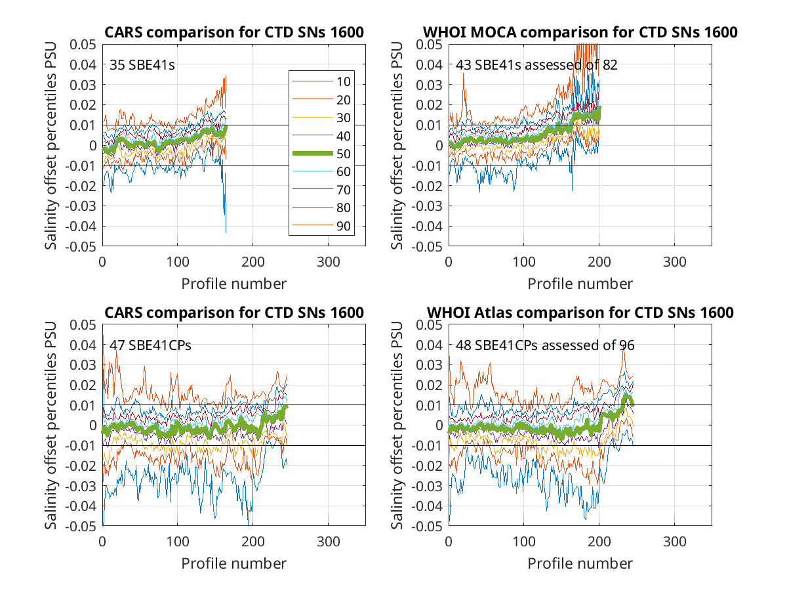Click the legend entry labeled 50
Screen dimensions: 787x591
pyautogui.click(x=321, y=154)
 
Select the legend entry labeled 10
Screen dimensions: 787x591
pyautogui.click(x=321, y=81)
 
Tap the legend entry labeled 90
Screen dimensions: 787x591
pyautogui.click(x=321, y=226)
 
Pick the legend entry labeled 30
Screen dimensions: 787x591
pyautogui.click(x=321, y=118)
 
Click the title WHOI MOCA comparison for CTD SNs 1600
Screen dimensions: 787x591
pyautogui.click(x=580, y=32)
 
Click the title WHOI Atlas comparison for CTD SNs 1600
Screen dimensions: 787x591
pyautogui.click(x=580, y=312)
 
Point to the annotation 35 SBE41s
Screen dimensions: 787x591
pyautogui.click(x=142, y=65)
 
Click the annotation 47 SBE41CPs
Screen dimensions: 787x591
pyautogui.click(x=150, y=345)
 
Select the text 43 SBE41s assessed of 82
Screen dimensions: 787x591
pyautogui.click(x=536, y=65)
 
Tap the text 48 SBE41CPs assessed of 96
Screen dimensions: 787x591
pyautogui.click(x=545, y=345)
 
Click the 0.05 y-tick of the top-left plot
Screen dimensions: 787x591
pyautogui.click(x=83, y=45)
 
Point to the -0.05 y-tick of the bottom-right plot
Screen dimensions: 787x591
pyautogui.click(x=427, y=526)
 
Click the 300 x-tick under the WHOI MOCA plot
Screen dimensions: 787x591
pyautogui.click(x=674, y=262)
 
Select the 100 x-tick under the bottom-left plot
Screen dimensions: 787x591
pyautogui.click(x=178, y=542)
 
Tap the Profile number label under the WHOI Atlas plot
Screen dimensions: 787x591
pyautogui.click(x=580, y=563)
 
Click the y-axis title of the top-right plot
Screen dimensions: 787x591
pyautogui.click(x=397, y=145)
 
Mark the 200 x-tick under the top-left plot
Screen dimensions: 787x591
pyautogui.click(x=252, y=262)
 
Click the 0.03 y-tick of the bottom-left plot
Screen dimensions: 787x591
pyautogui.click(x=83, y=365)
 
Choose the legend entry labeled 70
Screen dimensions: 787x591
pyautogui.click(x=321, y=190)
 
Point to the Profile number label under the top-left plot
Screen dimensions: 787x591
pyautogui.click(x=233, y=284)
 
